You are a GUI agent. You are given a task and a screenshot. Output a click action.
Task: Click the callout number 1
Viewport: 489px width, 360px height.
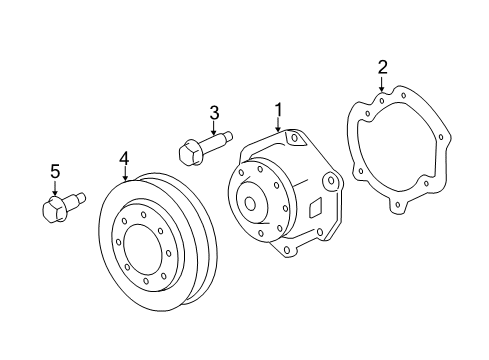point(279,110)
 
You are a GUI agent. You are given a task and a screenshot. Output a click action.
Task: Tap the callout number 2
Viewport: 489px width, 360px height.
point(382,68)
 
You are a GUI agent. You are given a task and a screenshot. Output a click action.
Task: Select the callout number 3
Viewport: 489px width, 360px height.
point(213,112)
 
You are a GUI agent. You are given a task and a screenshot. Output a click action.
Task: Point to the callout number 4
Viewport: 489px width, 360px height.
point(125,158)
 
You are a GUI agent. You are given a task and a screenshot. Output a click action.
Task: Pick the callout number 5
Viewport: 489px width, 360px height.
point(56,171)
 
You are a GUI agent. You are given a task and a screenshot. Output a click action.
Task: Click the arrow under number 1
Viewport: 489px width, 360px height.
point(279,126)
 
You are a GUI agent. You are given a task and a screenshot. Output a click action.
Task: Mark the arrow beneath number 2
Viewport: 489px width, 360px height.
point(382,86)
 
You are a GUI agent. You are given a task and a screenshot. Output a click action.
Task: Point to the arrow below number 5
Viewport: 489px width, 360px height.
point(56,188)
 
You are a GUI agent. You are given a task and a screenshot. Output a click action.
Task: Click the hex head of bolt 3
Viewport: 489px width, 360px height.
point(188,154)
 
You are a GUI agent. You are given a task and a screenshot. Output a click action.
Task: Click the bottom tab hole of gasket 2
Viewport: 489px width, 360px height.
point(399,207)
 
